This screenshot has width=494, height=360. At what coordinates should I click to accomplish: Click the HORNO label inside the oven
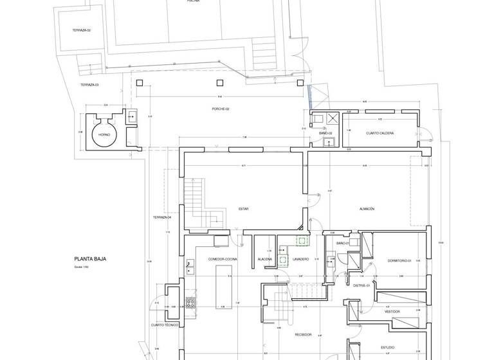(104, 135)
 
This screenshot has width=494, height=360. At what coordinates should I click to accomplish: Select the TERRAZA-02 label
(82, 30)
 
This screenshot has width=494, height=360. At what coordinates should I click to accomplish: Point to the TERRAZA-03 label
(89, 85)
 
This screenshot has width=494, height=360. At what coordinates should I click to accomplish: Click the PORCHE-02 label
(221, 109)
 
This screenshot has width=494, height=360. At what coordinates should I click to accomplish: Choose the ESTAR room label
(243, 209)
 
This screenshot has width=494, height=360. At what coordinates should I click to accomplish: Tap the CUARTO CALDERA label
(380, 133)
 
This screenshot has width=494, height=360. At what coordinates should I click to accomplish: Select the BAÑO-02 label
(325, 133)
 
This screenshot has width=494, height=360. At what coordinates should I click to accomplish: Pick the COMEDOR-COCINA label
(223, 259)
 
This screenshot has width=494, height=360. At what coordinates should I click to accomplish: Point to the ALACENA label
(265, 259)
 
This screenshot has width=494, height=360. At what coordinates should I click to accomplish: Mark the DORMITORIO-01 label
(399, 260)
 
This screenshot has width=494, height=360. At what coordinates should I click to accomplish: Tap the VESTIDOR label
(392, 311)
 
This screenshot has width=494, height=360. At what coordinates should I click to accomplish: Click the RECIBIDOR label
(304, 334)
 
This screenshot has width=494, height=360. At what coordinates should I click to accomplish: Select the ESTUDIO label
(387, 348)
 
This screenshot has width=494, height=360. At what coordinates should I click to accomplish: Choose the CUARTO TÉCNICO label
(165, 325)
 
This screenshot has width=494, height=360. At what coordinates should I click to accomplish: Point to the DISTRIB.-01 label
(361, 285)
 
